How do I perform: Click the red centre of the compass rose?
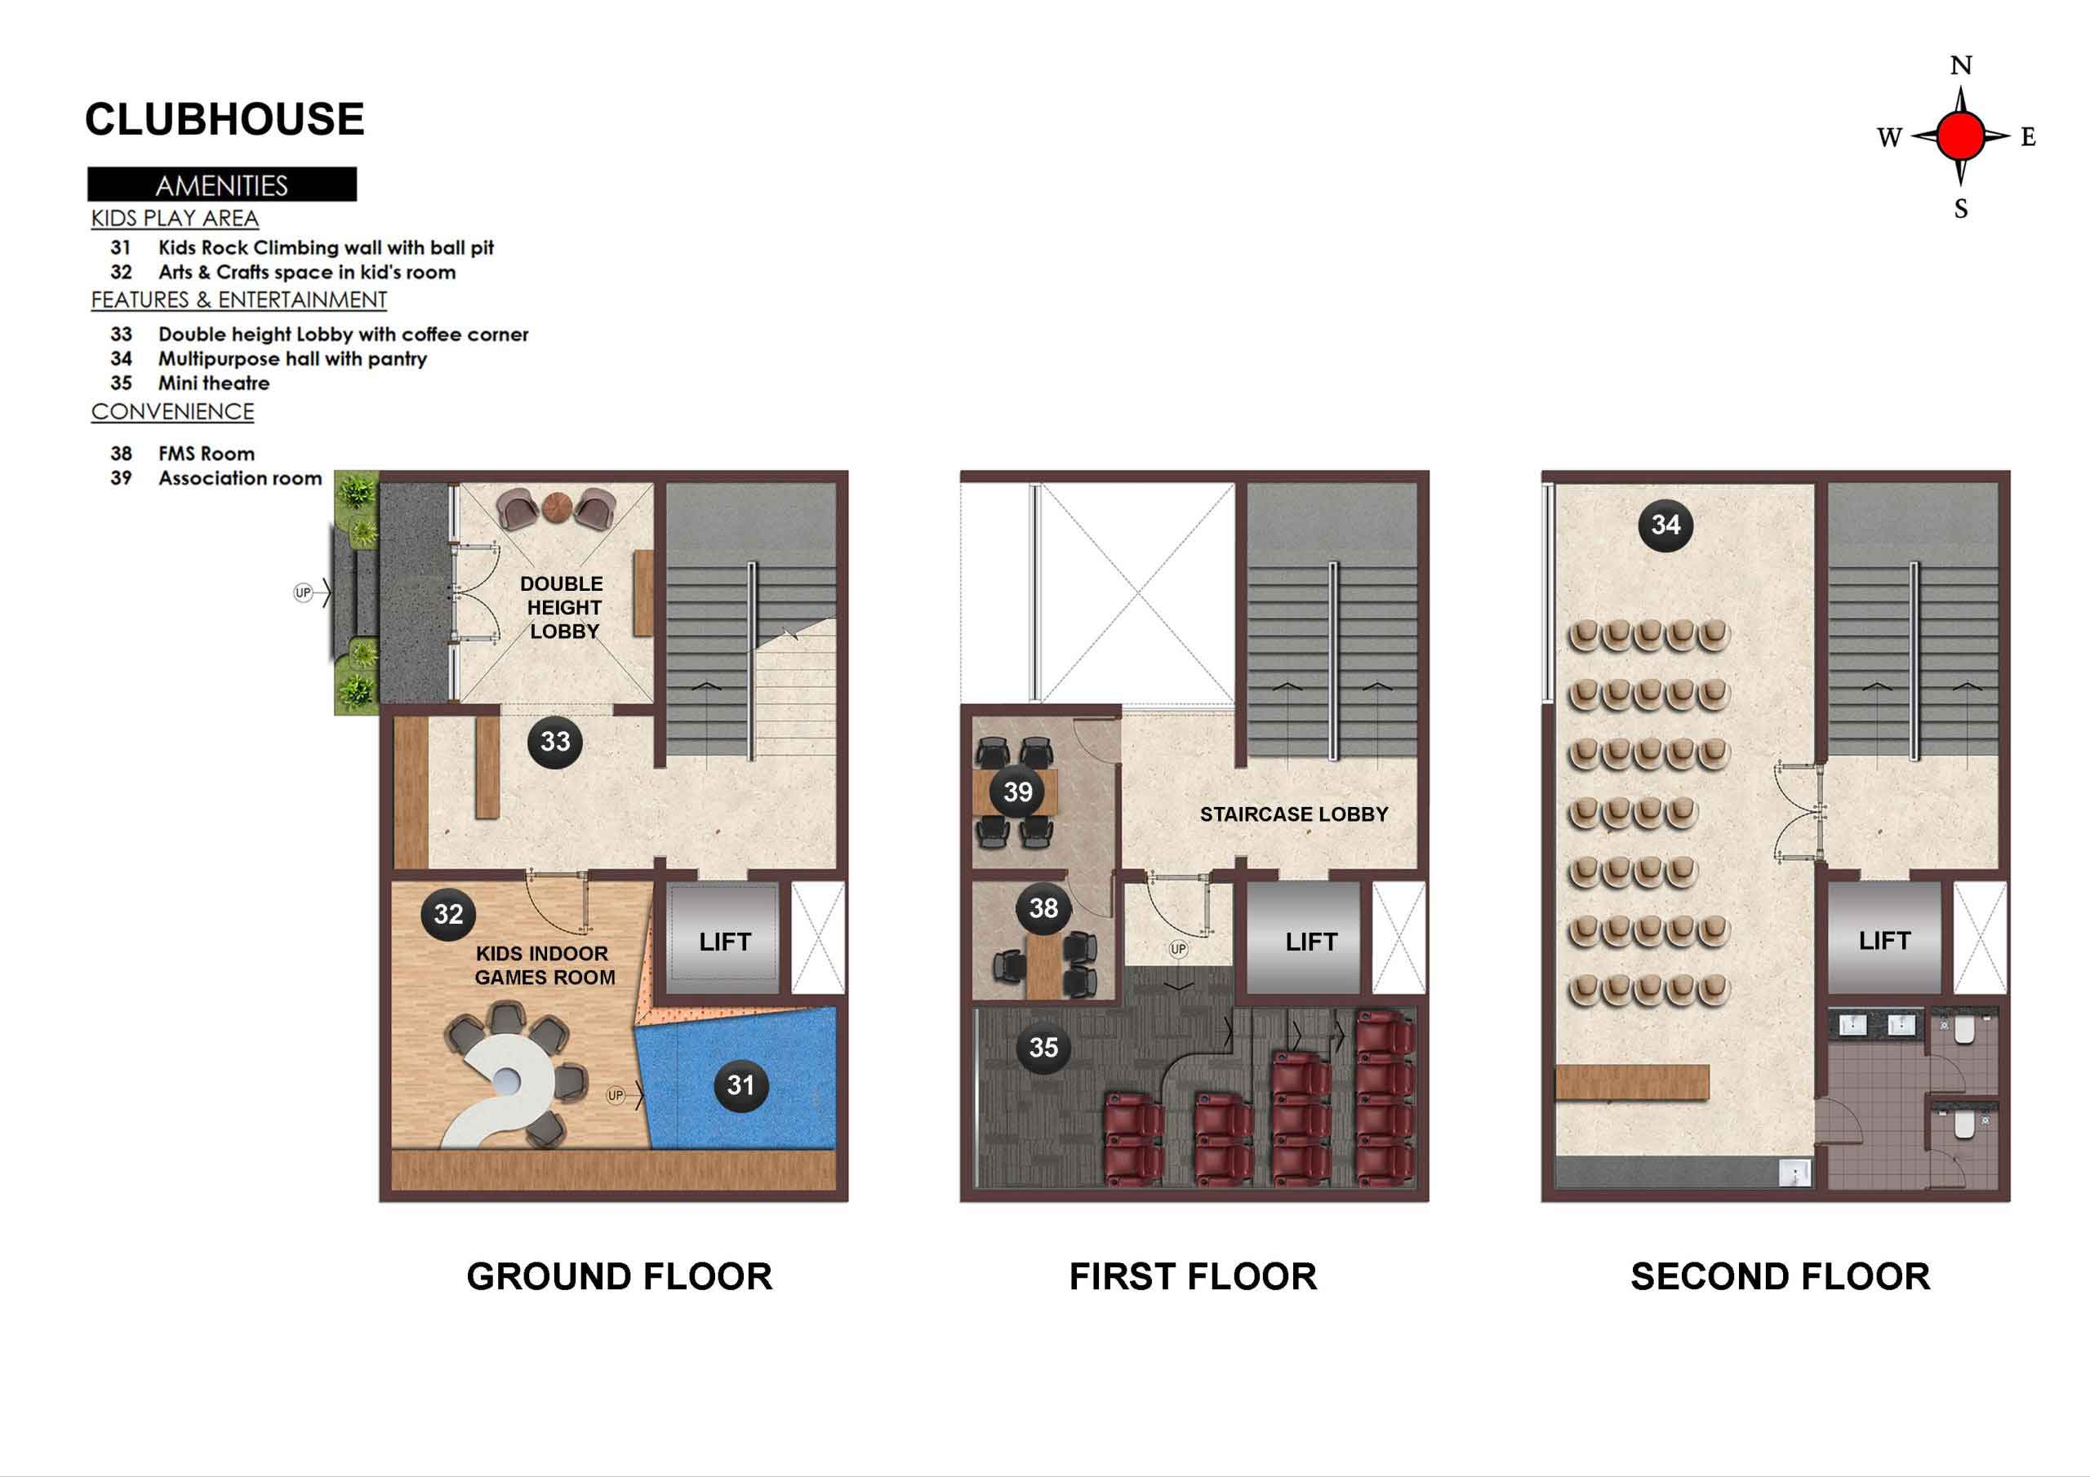pyautogui.click(x=1960, y=136)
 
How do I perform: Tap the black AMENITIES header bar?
pyautogui.click(x=222, y=184)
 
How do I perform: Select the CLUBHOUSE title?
pyautogui.click(x=224, y=119)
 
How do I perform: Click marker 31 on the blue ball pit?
pyautogui.click(x=740, y=1084)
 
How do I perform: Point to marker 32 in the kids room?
pyautogui.click(x=448, y=914)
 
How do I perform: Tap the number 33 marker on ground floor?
pyautogui.click(x=555, y=742)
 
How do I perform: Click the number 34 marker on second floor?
pyautogui.click(x=1665, y=524)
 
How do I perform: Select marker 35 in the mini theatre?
pyautogui.click(x=1043, y=1048)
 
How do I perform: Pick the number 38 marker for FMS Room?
pyautogui.click(x=1043, y=907)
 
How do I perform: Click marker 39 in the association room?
pyautogui.click(x=1018, y=792)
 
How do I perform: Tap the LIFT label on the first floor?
pyautogui.click(x=1311, y=942)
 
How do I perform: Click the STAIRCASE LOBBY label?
pyautogui.click(x=1293, y=814)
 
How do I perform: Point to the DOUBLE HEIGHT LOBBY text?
pyautogui.click(x=562, y=608)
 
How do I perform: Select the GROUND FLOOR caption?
pyautogui.click(x=619, y=1277)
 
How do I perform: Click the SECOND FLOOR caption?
pyautogui.click(x=1780, y=1277)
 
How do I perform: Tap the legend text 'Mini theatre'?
pyautogui.click(x=214, y=384)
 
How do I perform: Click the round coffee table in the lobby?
pyautogui.click(x=556, y=507)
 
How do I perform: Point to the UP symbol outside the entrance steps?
pyautogui.click(x=303, y=592)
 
